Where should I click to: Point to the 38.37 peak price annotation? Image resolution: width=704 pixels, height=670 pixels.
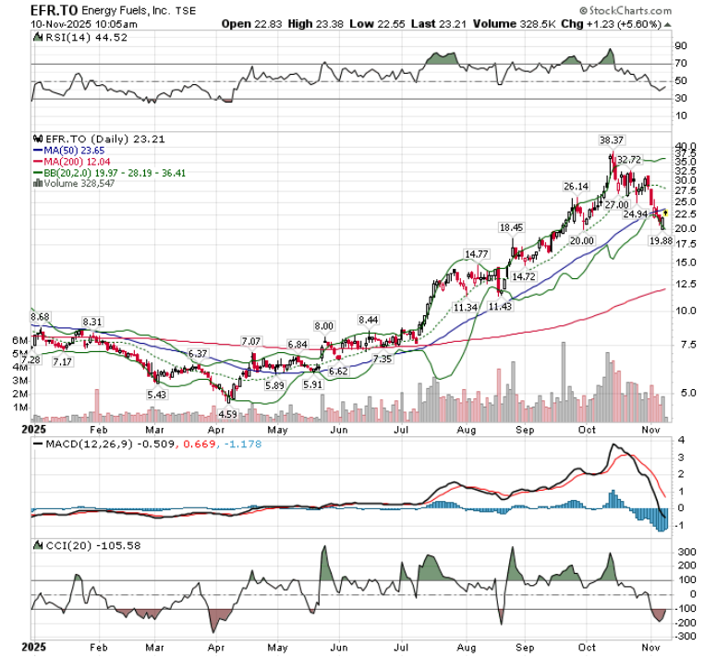pos(611,140)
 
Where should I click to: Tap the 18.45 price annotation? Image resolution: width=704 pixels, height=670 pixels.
pos(511,227)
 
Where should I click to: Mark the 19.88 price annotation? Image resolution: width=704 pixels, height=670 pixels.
pos(660,240)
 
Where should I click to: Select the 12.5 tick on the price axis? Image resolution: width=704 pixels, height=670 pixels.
pos(683,285)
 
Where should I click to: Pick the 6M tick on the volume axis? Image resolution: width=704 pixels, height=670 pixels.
pos(19,341)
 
